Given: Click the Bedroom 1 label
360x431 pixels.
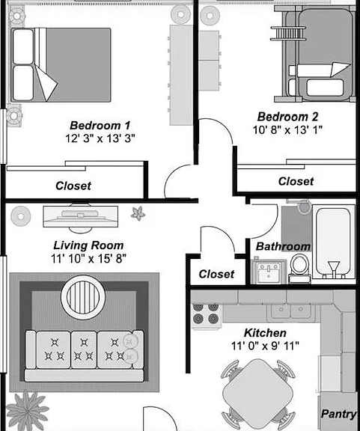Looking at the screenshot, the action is click(100, 126).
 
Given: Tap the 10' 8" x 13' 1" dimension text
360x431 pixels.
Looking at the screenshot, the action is click(287, 129).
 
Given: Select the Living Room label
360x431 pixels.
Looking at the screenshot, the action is click(88, 245).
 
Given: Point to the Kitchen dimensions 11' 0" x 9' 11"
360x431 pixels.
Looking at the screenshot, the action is click(265, 346).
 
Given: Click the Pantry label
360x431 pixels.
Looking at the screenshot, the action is click(339, 414).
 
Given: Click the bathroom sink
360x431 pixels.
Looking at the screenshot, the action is click(269, 272).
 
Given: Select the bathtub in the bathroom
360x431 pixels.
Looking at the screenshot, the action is click(333, 242).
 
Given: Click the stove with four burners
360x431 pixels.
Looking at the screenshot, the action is click(206, 315).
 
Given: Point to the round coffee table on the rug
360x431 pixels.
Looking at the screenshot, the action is click(83, 297).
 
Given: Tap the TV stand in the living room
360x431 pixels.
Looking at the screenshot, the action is click(81, 217).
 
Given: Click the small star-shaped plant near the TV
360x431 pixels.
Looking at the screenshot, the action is click(138, 213).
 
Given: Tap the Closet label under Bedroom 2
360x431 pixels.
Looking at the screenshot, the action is click(296, 181).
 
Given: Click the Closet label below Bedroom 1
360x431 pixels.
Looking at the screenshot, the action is click(73, 186).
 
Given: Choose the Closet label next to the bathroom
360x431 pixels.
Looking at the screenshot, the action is click(216, 274).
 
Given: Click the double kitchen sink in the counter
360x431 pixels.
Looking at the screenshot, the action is click(290, 312).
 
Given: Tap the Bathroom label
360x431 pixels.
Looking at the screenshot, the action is click(284, 246).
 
